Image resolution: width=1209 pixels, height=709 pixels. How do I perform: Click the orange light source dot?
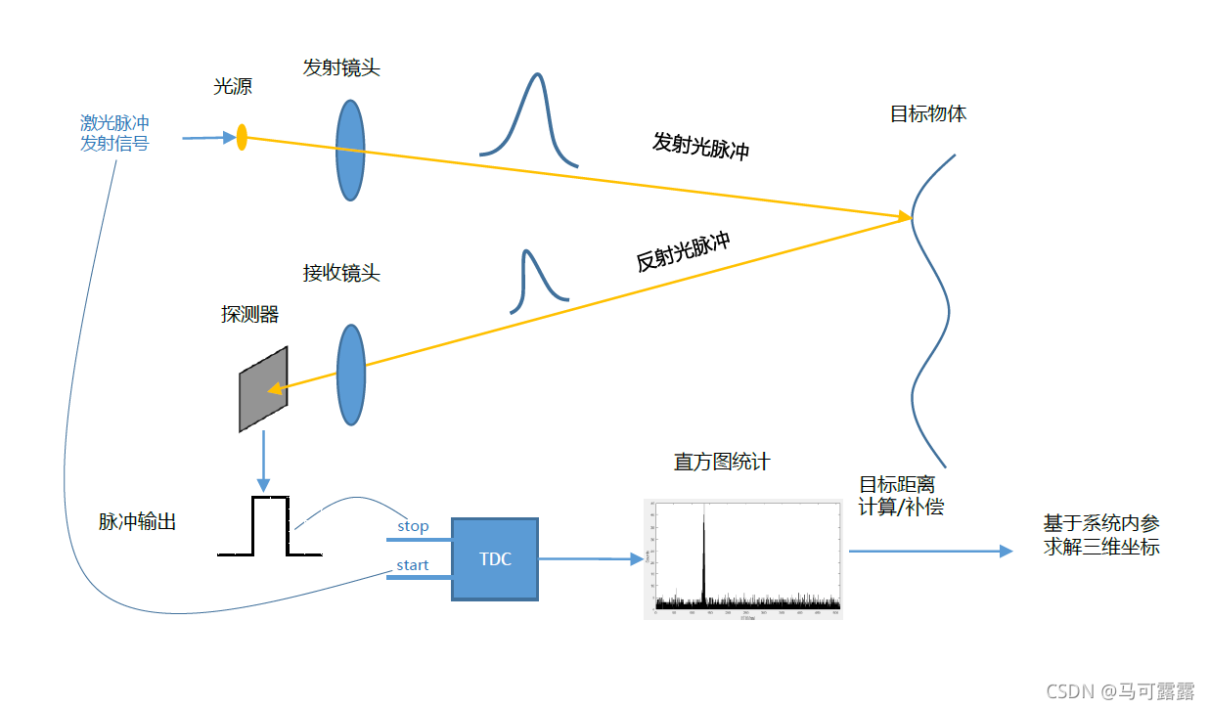pos(242,137)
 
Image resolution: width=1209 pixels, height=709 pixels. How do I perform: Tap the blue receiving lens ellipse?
pos(350,376)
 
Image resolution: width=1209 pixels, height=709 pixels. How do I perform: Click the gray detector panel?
pos(263,389)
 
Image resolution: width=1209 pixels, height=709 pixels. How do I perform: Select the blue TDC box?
pos(494,559)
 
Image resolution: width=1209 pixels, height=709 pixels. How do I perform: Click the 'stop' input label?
pos(413,526)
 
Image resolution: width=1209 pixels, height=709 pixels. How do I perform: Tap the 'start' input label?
pos(412,565)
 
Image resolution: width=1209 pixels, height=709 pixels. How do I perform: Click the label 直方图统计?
pos(721,462)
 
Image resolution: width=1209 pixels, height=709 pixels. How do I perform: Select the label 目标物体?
pos(927,113)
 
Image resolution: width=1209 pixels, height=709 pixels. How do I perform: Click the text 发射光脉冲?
pos(700,146)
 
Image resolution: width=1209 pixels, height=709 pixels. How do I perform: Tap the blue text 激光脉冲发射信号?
pos(114,134)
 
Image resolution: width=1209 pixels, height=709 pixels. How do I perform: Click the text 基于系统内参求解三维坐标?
pos(1100,535)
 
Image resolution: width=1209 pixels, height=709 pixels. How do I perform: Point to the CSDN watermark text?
pos(1120,691)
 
